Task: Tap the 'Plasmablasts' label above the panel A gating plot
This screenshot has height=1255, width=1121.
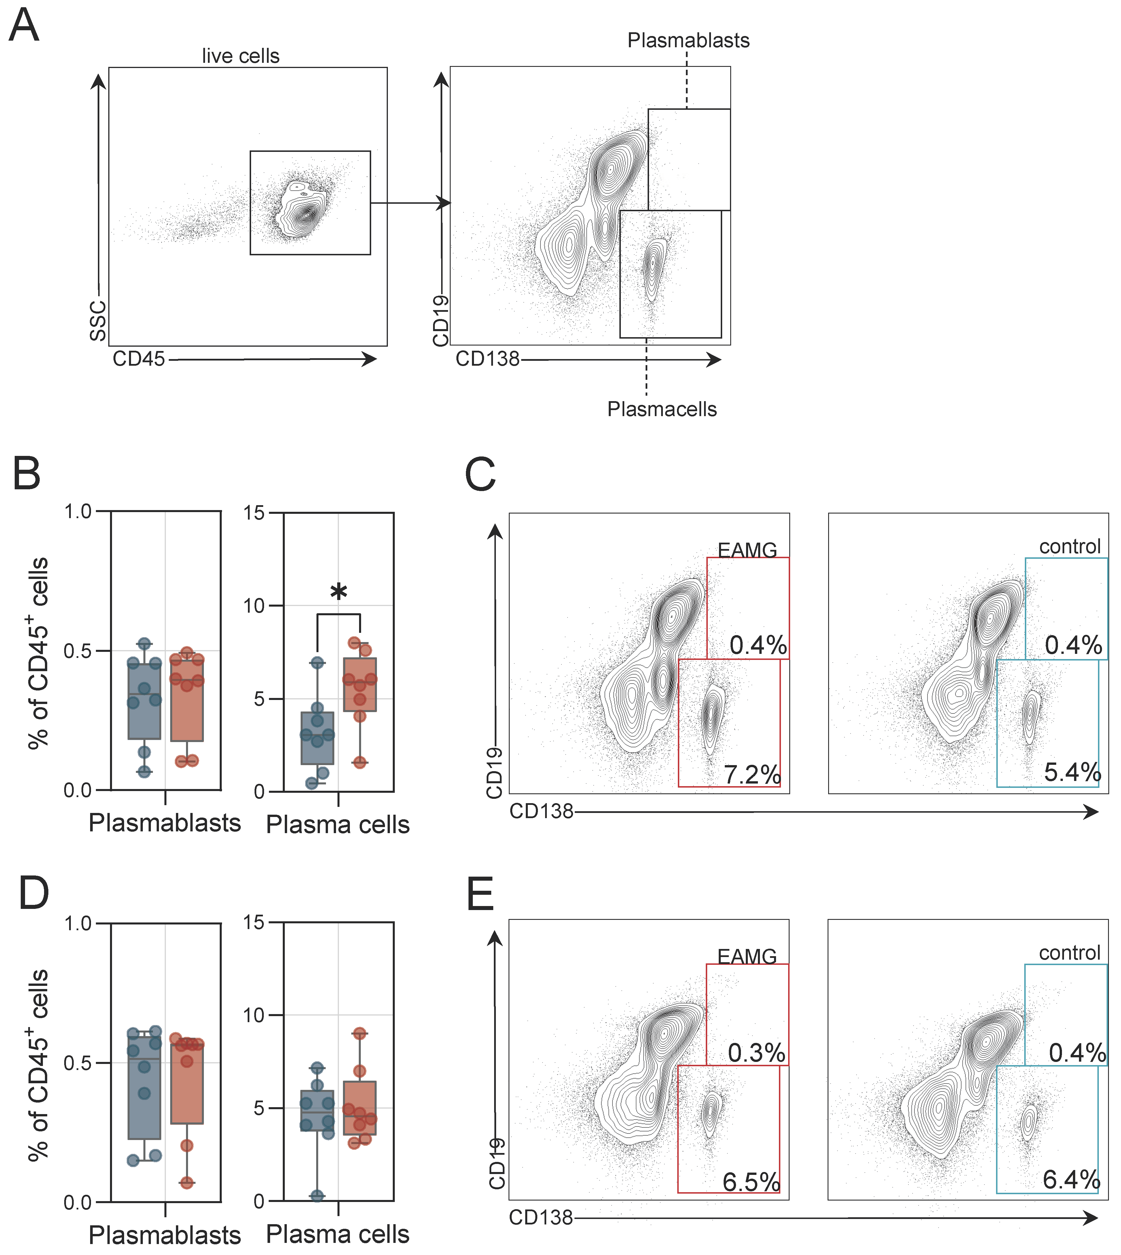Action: point(688,41)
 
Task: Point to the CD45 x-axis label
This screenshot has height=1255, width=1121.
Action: point(139,359)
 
